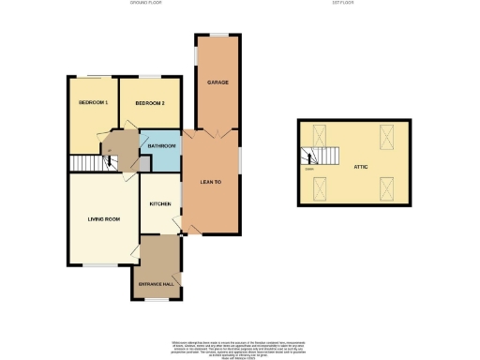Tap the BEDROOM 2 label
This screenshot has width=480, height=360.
pyautogui.click(x=150, y=102)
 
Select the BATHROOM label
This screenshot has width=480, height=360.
pyautogui.click(x=158, y=146)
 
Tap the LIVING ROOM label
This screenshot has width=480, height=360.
pyautogui.click(x=99, y=219)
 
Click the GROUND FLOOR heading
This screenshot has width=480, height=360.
pyautogui.click(x=147, y=4)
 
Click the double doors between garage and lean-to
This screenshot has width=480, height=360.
pyautogui.click(x=210, y=134)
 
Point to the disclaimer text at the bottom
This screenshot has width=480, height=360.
pyautogui.click(x=238, y=344)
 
